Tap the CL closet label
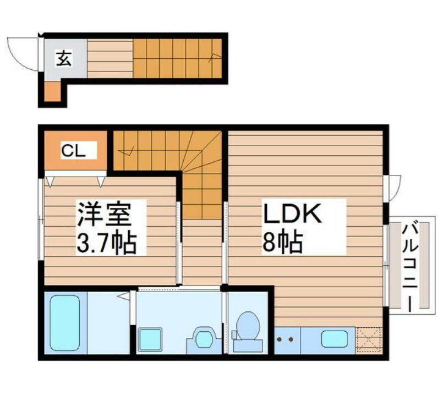pos(73,150)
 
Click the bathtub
pos(65,323)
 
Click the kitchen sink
pos(334,338)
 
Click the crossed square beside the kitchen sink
pos(368,339)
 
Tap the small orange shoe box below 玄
pos(51,92)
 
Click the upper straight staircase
pos(176,58)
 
